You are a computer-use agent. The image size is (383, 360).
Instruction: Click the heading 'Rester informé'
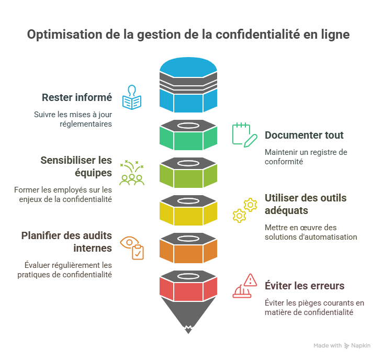(77, 97)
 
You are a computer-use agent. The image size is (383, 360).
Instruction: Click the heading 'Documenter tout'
(304, 135)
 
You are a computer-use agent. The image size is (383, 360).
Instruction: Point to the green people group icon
(132, 173)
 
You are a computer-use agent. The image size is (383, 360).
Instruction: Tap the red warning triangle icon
(245, 285)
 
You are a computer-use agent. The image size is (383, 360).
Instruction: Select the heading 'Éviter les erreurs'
(305, 286)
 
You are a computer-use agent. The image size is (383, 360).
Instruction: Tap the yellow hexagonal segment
(188, 211)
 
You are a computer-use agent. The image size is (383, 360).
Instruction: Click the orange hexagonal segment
(188, 248)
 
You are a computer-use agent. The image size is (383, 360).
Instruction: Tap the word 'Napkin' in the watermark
(361, 345)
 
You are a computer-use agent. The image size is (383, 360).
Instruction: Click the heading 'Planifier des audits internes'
(66, 241)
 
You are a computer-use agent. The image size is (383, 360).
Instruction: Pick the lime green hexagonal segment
(188, 173)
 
